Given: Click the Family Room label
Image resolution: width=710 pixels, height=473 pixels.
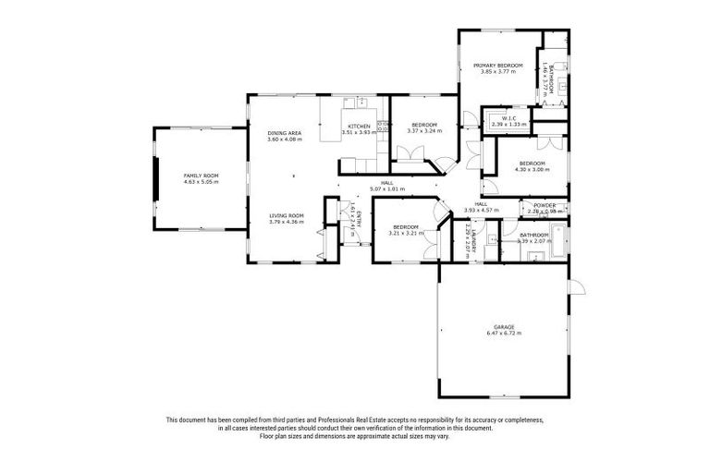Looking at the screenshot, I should (x=200, y=175).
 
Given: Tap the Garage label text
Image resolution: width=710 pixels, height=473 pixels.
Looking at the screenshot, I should (x=503, y=327).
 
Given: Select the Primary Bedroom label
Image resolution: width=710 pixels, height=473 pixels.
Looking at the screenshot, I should (x=498, y=66).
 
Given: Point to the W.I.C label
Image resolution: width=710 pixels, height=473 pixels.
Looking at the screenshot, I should (x=508, y=117).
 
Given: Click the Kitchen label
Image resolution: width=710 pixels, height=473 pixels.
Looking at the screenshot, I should (x=359, y=126).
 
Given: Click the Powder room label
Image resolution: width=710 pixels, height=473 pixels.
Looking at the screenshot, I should (x=545, y=205).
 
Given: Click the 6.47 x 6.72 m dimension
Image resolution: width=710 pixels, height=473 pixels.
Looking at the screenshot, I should (x=503, y=334).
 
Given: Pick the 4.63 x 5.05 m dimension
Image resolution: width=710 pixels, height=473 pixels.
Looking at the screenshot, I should (x=200, y=181).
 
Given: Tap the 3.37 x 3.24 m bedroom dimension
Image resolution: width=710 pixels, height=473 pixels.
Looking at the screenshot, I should (x=424, y=130).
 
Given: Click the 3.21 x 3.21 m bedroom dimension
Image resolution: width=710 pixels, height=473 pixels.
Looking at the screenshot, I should (x=407, y=234).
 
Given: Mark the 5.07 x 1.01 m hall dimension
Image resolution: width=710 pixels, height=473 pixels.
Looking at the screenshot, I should (x=386, y=188).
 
